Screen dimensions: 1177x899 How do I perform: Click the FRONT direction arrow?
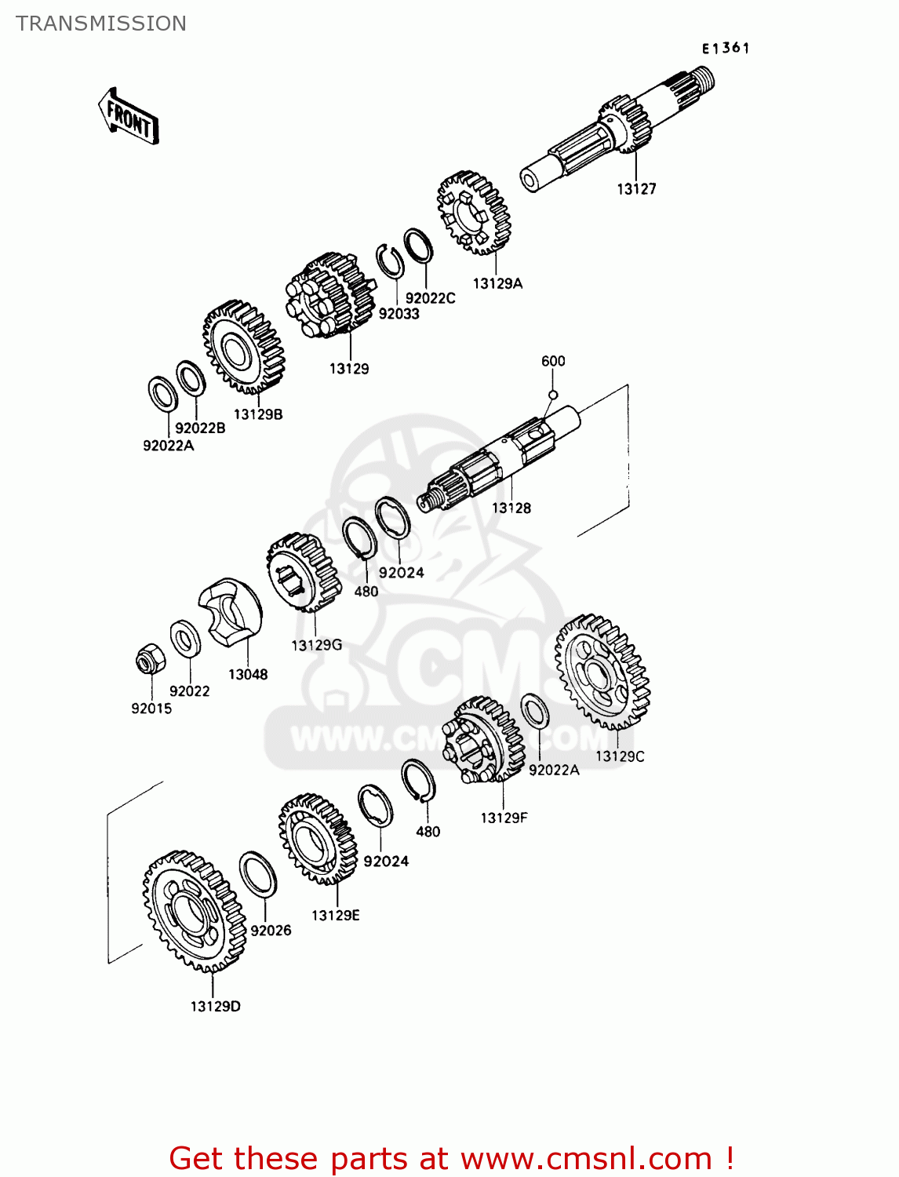(129, 117)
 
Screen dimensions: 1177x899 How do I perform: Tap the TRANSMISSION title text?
(101, 24)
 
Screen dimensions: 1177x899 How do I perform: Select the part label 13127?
(636, 189)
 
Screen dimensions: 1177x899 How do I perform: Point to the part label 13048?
(248, 675)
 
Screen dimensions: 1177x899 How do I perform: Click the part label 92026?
(271, 931)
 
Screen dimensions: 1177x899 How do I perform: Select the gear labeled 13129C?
(602, 672)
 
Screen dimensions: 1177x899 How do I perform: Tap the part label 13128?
(511, 508)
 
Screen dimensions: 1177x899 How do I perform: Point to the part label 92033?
(399, 314)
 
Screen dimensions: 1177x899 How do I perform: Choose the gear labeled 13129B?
(243, 347)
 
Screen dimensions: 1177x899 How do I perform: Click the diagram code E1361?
(726, 49)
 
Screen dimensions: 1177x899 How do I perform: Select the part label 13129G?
(317, 646)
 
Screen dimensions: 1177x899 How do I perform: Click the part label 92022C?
(430, 299)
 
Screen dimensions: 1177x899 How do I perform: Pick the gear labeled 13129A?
(474, 213)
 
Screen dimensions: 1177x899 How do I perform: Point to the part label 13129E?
(335, 916)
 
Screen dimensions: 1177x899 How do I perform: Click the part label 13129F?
(504, 818)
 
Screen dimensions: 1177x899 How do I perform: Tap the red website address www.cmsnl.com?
(586, 1159)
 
